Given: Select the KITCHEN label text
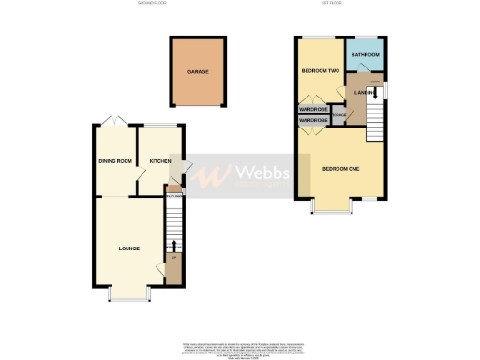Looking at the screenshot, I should click(158, 161).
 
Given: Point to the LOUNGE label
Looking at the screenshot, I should click(129, 248).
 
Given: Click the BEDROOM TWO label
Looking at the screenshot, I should click(319, 71).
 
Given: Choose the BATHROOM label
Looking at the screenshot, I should click(365, 56).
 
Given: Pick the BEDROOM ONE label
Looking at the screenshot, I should click(341, 169).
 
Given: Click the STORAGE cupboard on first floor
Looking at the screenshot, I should click(337, 116).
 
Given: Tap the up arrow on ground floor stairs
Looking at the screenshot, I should click(173, 247).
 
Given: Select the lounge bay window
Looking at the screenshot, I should click(129, 296).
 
